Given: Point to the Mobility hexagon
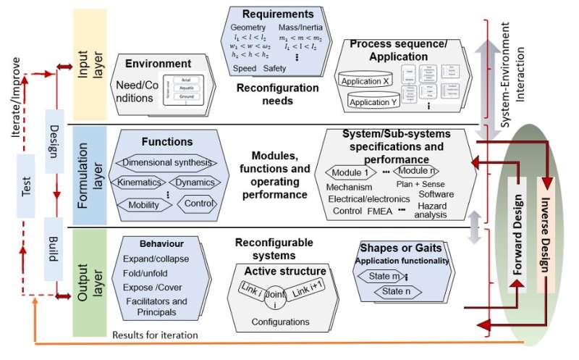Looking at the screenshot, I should pos(143,204).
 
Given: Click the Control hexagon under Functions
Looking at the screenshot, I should pos(200,203).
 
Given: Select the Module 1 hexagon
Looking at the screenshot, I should pos(352,173).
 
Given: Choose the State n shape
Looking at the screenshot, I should pos(396,293).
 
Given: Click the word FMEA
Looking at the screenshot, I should pos(379,211).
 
